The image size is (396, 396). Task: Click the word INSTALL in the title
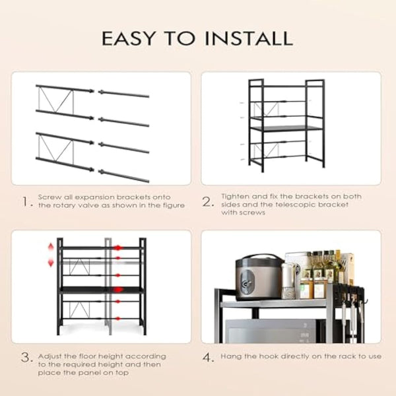[248, 38]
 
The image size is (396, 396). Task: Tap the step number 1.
[26, 202]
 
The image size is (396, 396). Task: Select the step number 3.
[26, 359]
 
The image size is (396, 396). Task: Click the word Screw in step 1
[49, 197]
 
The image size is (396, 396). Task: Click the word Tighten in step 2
[235, 197]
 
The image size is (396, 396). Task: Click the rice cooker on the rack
[259, 277]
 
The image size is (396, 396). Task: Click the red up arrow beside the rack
[50, 247]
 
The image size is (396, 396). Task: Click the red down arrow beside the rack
[50, 263]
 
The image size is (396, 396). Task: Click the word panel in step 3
[77, 373]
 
